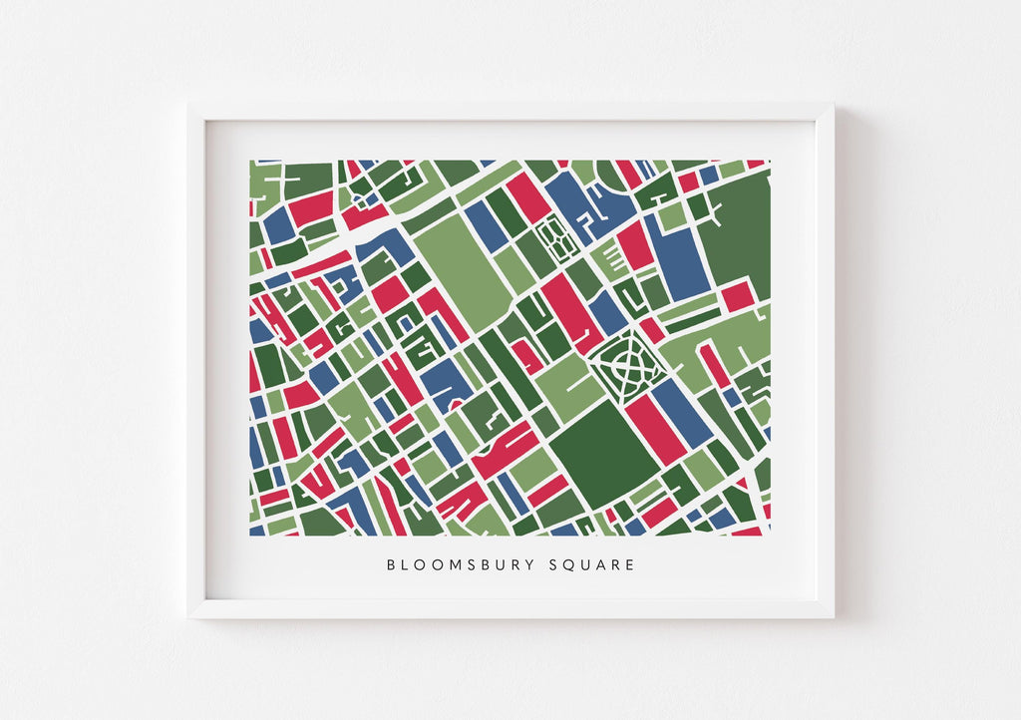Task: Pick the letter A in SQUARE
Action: coord(599,565)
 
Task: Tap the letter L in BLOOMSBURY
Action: coord(407,565)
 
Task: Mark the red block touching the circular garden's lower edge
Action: coord(655,427)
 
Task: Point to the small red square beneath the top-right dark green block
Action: coord(737,296)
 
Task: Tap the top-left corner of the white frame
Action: coord(189,104)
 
